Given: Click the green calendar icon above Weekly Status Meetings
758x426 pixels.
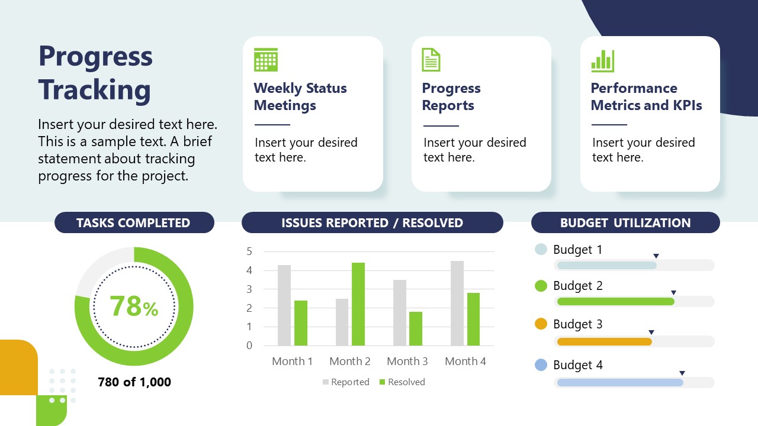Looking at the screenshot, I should pos(266,60).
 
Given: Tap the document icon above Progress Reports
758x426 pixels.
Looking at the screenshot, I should pos(431,60).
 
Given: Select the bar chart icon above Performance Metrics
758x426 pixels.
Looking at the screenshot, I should pos(602,60).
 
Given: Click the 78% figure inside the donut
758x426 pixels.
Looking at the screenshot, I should pos(134,306).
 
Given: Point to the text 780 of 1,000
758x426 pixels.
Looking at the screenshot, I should pos(134,382).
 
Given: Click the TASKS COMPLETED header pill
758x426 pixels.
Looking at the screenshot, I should pos(134,223).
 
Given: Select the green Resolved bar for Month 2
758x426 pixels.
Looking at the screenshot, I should pos(358,304).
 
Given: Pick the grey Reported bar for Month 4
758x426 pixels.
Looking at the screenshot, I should pos(457,303).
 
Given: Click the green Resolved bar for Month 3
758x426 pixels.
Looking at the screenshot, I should pos(416,328).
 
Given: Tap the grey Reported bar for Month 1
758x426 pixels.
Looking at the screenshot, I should pos(284,305).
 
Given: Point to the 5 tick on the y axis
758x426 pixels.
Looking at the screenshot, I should pos(249,251).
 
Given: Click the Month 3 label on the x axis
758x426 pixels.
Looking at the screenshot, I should pos(407,361).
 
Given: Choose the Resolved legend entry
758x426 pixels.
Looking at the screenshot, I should pos(402,382).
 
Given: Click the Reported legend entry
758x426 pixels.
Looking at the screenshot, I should pos(346,382).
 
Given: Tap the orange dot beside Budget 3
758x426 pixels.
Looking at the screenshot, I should pos(541,324).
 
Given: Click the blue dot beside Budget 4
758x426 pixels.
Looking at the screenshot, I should pos(541,365).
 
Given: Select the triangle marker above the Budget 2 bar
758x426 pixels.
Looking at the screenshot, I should pos(673,293).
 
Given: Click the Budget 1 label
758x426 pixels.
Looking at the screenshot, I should pos(577,250).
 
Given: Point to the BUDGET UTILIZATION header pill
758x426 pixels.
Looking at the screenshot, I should pos(625,223).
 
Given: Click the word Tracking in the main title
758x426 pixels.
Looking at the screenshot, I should pos(95,90).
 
